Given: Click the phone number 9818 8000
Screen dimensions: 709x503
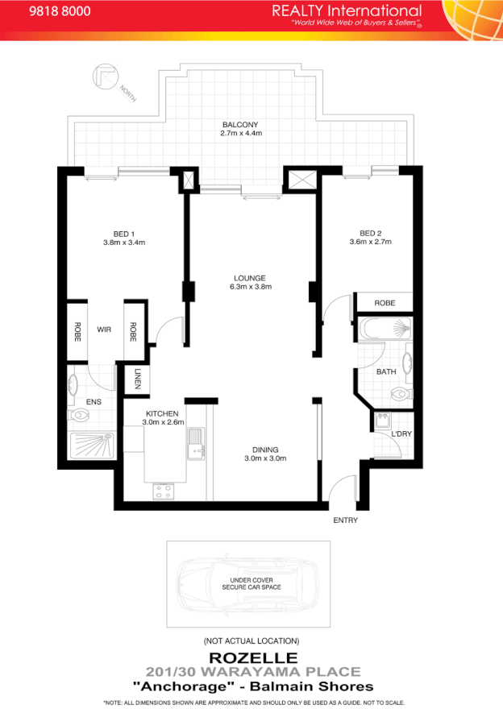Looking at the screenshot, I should [60, 12].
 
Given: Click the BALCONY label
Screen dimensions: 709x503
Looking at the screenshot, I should [241, 125].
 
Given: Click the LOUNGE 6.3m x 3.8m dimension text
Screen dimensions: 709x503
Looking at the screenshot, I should [251, 287].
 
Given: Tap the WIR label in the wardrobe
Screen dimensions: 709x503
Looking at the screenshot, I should [104, 329].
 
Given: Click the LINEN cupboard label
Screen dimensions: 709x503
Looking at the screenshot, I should [138, 379].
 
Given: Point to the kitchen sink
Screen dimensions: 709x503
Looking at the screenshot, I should [196, 444].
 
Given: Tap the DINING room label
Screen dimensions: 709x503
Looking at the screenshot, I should [265, 450].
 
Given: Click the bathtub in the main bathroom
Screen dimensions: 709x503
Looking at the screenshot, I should [385, 329].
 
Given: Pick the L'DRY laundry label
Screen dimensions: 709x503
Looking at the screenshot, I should [401, 434].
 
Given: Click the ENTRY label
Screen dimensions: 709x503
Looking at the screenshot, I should [345, 520].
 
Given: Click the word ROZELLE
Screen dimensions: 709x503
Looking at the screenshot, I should [251, 657].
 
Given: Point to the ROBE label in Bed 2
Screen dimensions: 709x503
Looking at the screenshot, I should [385, 304].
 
